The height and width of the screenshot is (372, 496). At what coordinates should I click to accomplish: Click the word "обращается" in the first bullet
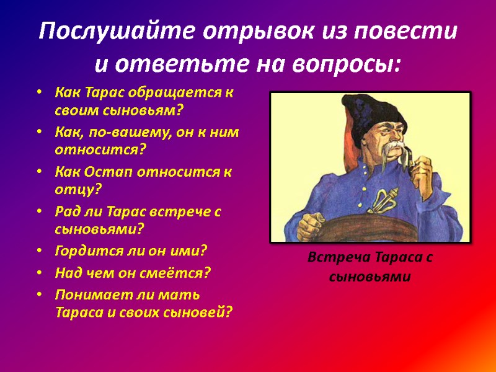(x=183, y=94)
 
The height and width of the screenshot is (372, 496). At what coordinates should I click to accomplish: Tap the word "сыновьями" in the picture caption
(x=370, y=276)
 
